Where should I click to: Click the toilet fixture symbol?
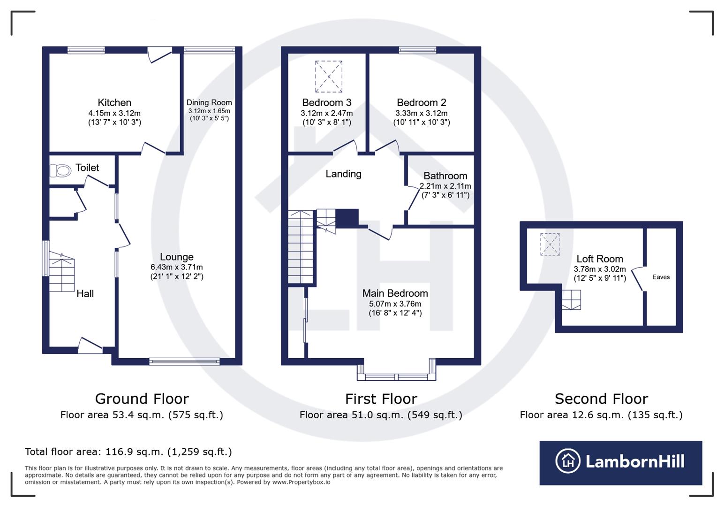click(x=60, y=171)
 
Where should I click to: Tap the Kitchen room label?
click(x=114, y=102)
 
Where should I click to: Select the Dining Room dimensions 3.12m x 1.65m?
click(x=209, y=111)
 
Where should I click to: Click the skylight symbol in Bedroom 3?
click(x=329, y=76)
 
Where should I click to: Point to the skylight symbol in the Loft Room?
click(x=550, y=244)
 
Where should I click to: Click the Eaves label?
click(x=661, y=277)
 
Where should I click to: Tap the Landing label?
click(x=343, y=174)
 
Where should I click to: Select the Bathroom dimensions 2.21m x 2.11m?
click(x=445, y=186)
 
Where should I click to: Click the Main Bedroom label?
click(x=395, y=293)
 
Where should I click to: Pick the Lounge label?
click(x=176, y=257)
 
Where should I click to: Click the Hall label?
click(x=85, y=293)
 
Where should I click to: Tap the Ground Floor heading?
click(x=142, y=399)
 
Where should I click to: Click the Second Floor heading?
click(x=601, y=399)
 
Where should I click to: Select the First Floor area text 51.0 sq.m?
click(x=381, y=415)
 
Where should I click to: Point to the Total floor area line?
click(x=128, y=452)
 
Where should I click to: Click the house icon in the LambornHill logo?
click(x=568, y=461)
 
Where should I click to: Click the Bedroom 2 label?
click(x=421, y=102)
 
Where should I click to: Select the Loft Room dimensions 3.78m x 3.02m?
click(x=599, y=269)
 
